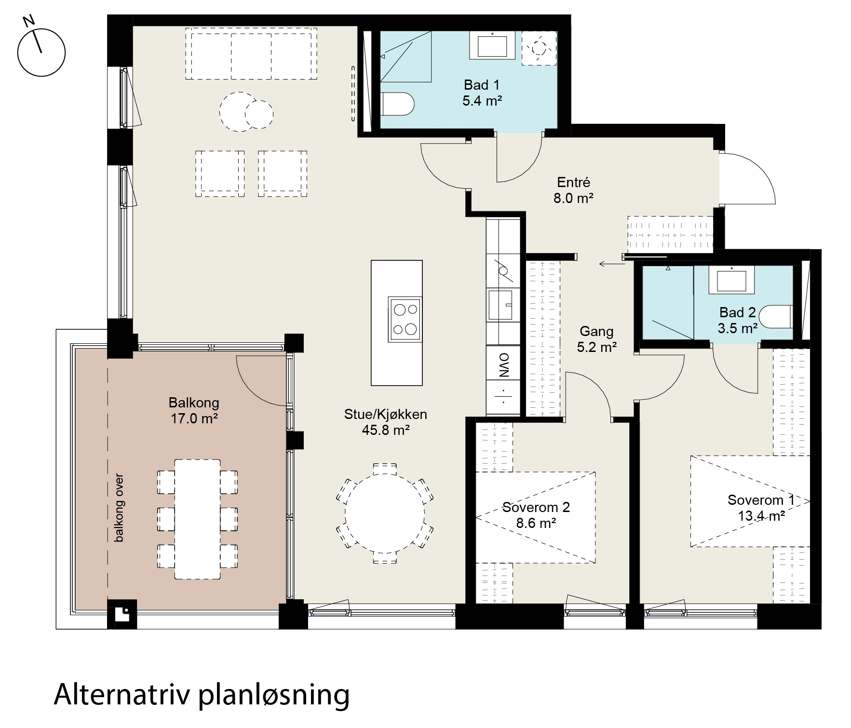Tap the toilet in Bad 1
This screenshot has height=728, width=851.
(x=397, y=104)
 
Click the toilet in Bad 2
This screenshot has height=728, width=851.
(x=775, y=317)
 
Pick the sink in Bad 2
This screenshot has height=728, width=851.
(x=731, y=281)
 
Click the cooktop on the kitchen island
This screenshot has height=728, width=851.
(x=405, y=319)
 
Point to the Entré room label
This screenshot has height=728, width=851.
(x=573, y=182)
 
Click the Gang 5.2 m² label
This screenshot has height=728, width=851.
(x=597, y=339)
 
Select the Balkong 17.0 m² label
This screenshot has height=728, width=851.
(x=194, y=410)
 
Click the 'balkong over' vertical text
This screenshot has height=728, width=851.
(x=119, y=508)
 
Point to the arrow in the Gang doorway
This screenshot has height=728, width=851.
(x=612, y=264)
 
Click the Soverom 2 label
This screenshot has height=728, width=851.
(x=536, y=507)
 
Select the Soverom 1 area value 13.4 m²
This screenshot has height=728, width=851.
(x=762, y=515)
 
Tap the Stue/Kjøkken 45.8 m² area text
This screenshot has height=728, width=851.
(x=386, y=430)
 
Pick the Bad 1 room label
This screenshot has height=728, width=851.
(x=482, y=85)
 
